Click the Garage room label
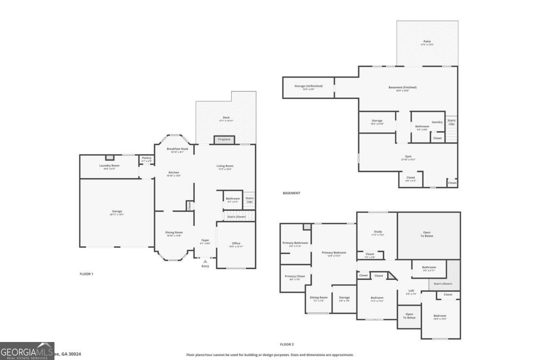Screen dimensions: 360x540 (x=117, y=211)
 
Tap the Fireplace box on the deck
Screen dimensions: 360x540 (x=224, y=139)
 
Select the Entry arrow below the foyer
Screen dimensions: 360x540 (x=205, y=261)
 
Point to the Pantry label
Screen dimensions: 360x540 (x=147, y=158)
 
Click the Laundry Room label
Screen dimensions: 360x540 (x=109, y=166)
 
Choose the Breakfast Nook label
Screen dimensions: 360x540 (x=177, y=149)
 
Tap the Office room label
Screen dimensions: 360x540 (x=236, y=243)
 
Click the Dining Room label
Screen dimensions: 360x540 (x=174, y=233)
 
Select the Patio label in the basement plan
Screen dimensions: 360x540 (x=427, y=41)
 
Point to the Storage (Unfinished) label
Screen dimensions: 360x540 (x=308, y=86)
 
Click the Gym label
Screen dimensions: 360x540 (x=408, y=157)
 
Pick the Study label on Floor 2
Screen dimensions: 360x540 (x=378, y=232)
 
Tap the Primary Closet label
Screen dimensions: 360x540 (x=295, y=277)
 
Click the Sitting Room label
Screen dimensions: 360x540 (x=319, y=297)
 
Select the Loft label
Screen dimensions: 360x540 (x=411, y=291)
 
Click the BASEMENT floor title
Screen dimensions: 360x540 (x=291, y=193)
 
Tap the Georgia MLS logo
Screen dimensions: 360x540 (x=27, y=351)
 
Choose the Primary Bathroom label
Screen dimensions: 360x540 (x=295, y=243)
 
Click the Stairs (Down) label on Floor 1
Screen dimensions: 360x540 (x=236, y=217)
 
